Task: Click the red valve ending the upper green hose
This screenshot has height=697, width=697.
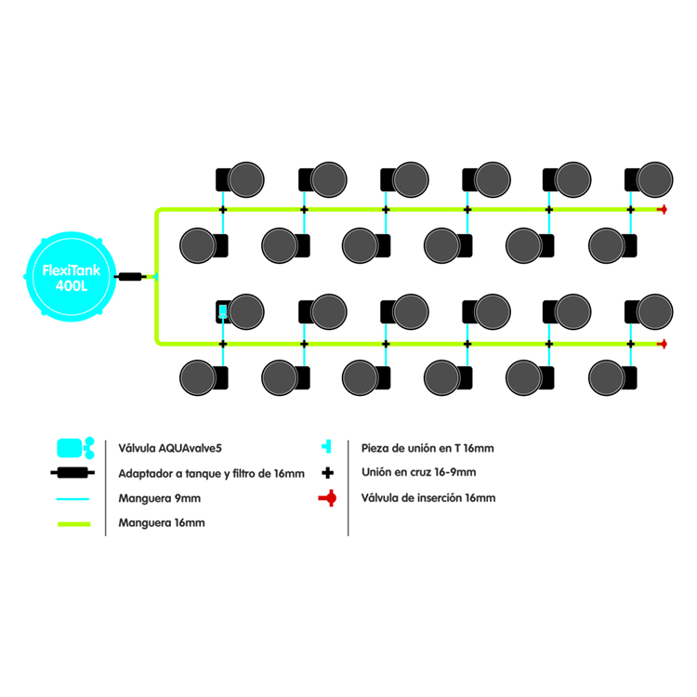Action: pyautogui.click(x=663, y=210)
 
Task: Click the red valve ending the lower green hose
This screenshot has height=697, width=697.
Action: pyautogui.click(x=663, y=344)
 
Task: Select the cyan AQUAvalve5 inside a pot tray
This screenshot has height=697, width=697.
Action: pyautogui.click(x=223, y=310)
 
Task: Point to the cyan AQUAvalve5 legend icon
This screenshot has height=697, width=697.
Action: pyautogui.click(x=75, y=447)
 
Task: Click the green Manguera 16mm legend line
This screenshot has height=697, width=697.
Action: pyautogui.click(x=73, y=523)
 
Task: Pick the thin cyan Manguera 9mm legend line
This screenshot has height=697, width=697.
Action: pyautogui.click(x=73, y=498)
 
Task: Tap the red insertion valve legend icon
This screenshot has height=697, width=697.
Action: pyautogui.click(x=326, y=498)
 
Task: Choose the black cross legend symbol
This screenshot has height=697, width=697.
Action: pyautogui.click(x=327, y=472)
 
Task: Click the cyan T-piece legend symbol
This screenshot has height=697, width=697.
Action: pyautogui.click(x=327, y=447)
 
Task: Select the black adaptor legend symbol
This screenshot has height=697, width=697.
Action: pyautogui.click(x=73, y=473)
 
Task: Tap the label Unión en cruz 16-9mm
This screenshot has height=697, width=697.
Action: pyautogui.click(x=418, y=472)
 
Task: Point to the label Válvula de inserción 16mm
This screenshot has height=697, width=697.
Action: pyautogui.click(x=427, y=498)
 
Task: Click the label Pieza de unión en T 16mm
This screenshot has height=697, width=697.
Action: pyautogui.click(x=427, y=448)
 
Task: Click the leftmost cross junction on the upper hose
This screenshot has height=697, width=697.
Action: pyautogui.click(x=223, y=210)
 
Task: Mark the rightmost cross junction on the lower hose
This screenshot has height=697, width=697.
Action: pyautogui.click(x=631, y=344)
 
